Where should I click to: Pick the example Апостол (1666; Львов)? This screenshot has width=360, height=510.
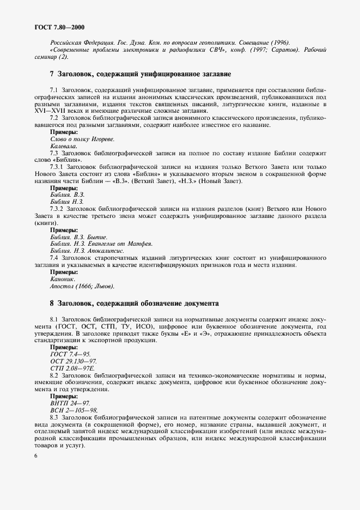click(x=82, y=286)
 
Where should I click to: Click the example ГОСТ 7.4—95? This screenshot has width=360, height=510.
click(x=70, y=354)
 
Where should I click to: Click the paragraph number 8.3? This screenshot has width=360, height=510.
click(x=54, y=417)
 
